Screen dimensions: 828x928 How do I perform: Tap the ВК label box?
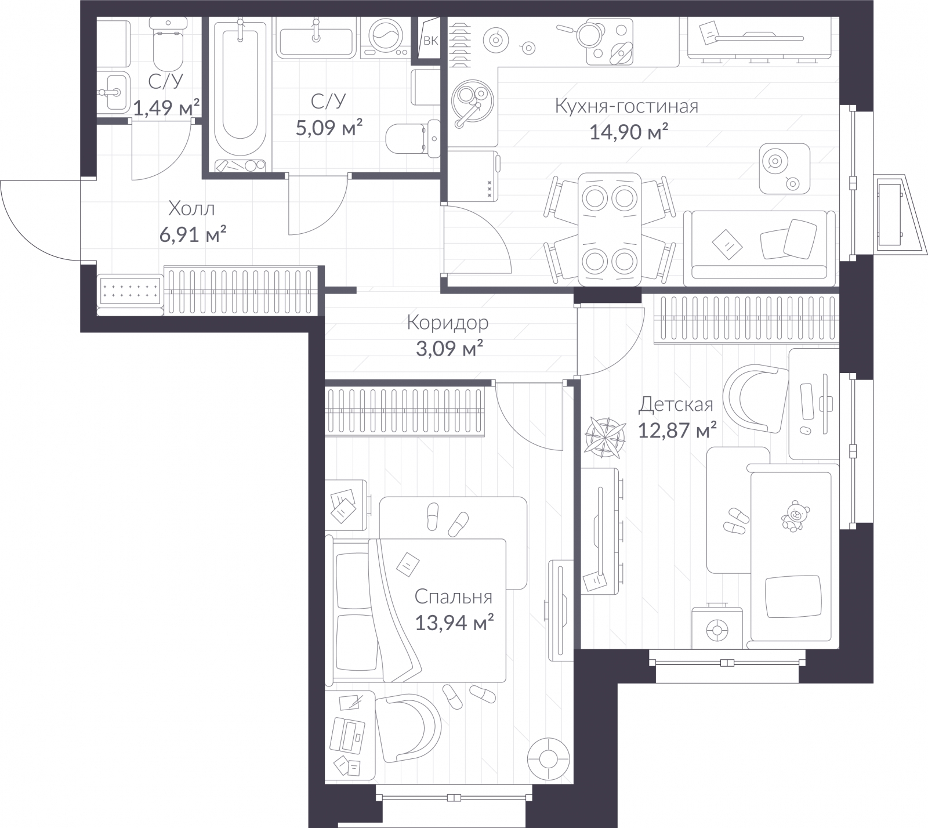430,40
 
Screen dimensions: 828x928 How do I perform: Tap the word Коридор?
447,322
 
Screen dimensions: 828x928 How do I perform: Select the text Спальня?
453,596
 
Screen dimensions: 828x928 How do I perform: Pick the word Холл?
191,208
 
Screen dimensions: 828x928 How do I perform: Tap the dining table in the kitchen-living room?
610,229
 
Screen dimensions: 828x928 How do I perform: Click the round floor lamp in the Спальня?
547,758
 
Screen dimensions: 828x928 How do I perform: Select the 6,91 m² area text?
192,234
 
